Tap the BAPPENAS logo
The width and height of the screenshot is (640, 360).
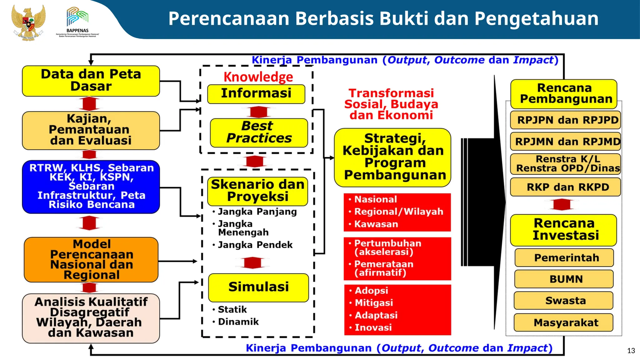click(x=77, y=22)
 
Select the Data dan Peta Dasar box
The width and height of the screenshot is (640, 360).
click(x=91, y=81)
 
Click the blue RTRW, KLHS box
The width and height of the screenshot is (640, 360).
click(x=91, y=187)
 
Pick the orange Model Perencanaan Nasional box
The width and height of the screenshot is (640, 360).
click(x=91, y=259)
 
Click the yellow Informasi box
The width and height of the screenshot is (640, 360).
click(x=256, y=93)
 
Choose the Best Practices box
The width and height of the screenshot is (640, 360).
click(x=259, y=132)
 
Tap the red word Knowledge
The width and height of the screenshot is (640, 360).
click(x=258, y=77)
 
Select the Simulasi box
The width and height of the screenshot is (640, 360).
click(x=258, y=287)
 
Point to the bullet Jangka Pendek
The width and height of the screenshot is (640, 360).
click(x=255, y=245)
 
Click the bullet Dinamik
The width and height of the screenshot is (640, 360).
click(x=238, y=322)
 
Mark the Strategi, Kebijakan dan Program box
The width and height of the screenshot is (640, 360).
click(x=392, y=157)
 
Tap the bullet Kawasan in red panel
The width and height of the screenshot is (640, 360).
click(x=376, y=224)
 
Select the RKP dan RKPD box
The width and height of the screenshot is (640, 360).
click(x=565, y=187)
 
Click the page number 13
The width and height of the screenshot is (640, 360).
click(x=631, y=351)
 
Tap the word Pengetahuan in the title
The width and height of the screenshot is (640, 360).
click(x=536, y=19)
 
